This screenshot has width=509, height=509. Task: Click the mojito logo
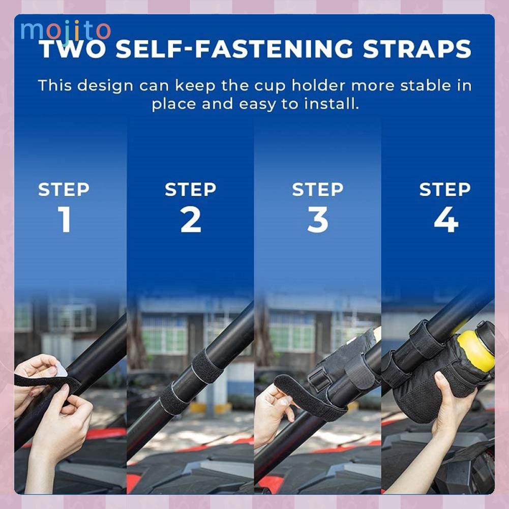tap(66, 31)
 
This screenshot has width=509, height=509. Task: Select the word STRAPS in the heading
tap(417, 49)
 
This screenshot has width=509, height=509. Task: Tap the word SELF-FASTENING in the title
tap(234, 49)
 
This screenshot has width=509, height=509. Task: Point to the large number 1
tap(65, 219)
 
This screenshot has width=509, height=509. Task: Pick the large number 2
tap(191, 220)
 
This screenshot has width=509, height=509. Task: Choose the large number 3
tap(318, 220)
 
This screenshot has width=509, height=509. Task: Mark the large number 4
tap(446, 220)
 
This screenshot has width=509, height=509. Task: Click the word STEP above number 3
tap(317, 190)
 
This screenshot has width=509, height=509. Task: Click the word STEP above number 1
tap(64, 190)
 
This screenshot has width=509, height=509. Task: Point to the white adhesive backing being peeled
tap(61, 370)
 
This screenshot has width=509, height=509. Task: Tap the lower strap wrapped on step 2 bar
tap(174, 397)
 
